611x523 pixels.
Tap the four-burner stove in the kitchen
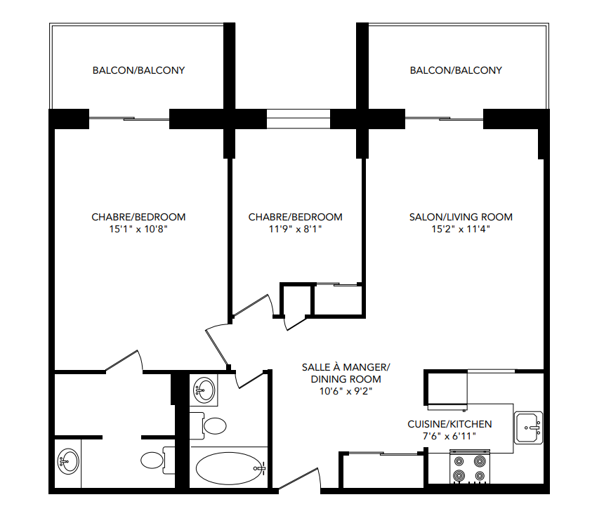click(469, 468)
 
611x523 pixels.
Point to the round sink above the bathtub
click(204, 390)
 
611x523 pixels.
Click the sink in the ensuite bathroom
click(68, 462)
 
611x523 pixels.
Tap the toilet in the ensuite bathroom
click(155, 460)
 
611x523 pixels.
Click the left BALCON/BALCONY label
click(138, 70)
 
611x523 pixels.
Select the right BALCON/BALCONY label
click(456, 70)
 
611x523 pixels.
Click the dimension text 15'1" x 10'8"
click(138, 229)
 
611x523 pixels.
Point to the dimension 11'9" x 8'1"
click(295, 229)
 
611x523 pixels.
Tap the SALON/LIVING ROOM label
click(461, 217)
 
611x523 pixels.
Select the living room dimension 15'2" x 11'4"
click(461, 229)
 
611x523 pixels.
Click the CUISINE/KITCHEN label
click(449, 424)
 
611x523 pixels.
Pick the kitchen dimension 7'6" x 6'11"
click(449, 436)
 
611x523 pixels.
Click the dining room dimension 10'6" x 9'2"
click(345, 391)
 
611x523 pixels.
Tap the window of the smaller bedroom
click(298, 119)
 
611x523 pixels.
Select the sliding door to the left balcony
click(129, 119)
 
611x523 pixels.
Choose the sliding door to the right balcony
click(445, 119)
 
